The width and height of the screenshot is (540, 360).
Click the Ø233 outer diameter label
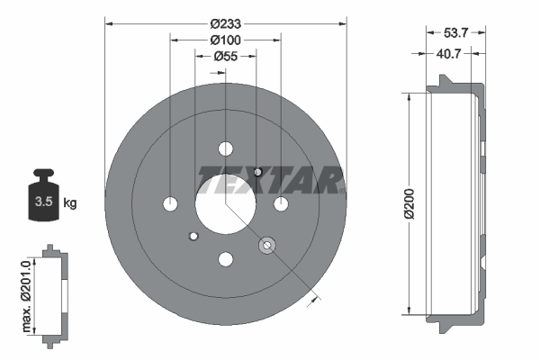click(x=224, y=23)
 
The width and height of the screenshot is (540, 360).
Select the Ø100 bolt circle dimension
click(x=224, y=40)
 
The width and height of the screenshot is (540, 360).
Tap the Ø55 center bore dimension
click(x=225, y=56)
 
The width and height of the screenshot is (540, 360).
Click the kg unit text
click(x=70, y=202)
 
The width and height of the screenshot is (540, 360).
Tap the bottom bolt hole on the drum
click(x=225, y=260)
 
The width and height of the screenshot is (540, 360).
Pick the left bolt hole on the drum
click(x=170, y=205)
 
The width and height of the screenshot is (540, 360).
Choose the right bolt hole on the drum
click(x=281, y=205)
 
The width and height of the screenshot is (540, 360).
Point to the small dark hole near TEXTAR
click(x=257, y=172)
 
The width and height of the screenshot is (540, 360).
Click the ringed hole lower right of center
click(x=266, y=245)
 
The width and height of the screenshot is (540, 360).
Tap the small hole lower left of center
click(x=193, y=237)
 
